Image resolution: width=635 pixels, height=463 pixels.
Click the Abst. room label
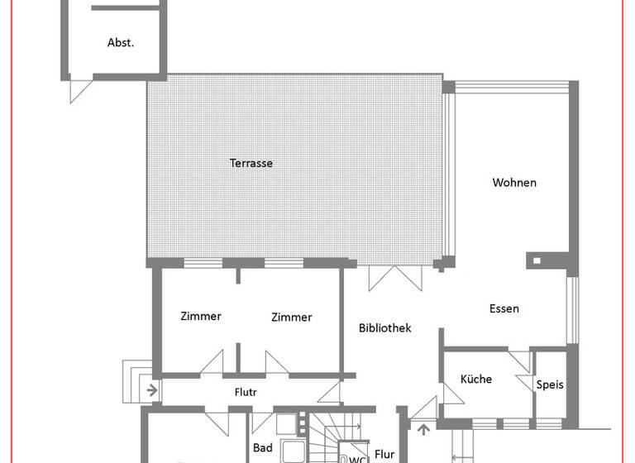tap(121, 43)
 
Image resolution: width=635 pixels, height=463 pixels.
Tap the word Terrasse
tap(251, 163)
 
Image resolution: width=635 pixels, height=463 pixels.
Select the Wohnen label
tap(514, 183)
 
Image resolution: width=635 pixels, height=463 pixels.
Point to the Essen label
tap(504, 308)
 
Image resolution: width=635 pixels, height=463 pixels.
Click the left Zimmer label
tap(201, 316)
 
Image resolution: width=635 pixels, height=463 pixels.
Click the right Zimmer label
tap(292, 317)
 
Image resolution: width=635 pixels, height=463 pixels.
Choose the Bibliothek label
tap(384, 328)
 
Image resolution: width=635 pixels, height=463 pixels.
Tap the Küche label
tap(475, 379)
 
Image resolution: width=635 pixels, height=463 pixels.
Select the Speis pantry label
tap(550, 384)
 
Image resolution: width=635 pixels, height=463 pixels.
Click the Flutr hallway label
tap(246, 393)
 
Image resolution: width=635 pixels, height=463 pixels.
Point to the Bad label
tap(263, 448)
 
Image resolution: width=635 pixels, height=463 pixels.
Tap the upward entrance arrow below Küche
tap(424, 429)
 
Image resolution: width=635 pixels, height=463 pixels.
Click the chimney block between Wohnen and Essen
tap(538, 261)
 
